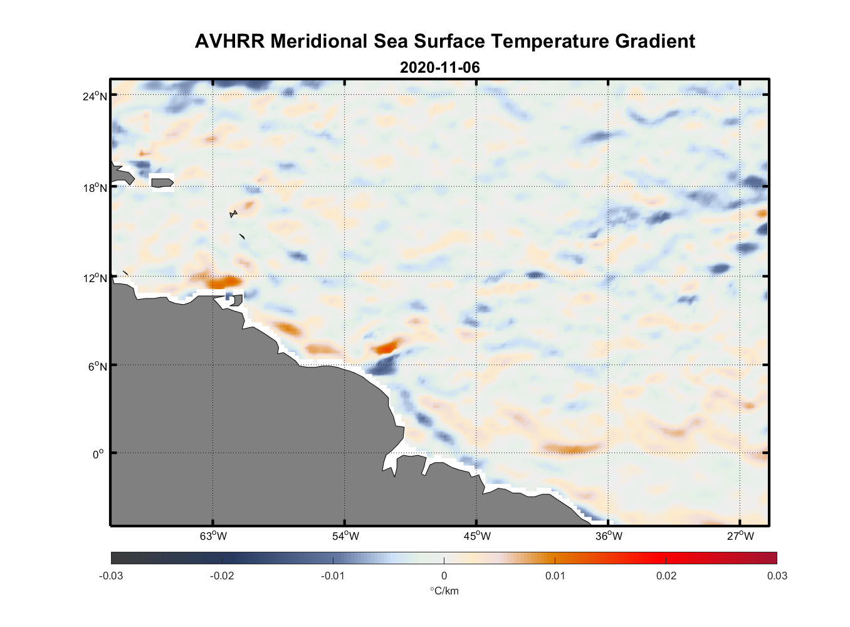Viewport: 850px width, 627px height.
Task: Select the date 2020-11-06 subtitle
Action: pyautogui.click(x=439, y=67)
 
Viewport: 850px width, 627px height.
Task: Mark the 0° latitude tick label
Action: pyautogui.click(x=98, y=454)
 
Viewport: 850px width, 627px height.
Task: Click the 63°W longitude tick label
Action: pyautogui.click(x=213, y=536)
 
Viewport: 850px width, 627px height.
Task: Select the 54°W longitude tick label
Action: pyautogui.click(x=345, y=536)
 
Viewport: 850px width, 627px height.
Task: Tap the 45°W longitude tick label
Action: pyautogui.click(x=477, y=536)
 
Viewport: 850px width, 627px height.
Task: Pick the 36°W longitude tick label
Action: pyautogui.click(x=609, y=536)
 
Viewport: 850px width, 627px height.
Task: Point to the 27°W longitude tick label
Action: pyautogui.click(x=740, y=536)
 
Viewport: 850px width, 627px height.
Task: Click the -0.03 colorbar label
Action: pyautogui.click(x=111, y=576)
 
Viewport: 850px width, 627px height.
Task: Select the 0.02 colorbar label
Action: pyautogui.click(x=666, y=576)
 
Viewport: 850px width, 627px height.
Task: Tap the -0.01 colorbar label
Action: pyautogui.click(x=333, y=576)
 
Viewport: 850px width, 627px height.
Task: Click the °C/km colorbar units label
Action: pyautogui.click(x=444, y=591)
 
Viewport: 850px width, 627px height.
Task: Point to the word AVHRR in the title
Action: pyautogui.click(x=229, y=41)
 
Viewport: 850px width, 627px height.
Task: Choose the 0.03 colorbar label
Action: pyautogui.click(x=777, y=576)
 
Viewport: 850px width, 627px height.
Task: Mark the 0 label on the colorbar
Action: pyautogui.click(x=444, y=576)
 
